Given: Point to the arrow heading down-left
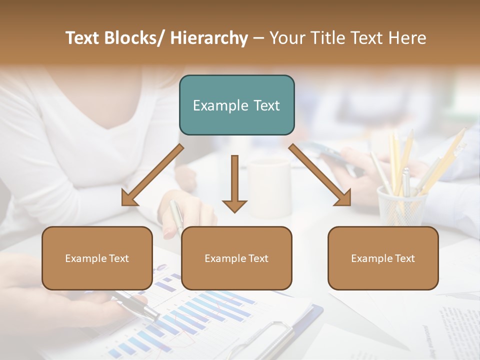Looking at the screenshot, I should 152,175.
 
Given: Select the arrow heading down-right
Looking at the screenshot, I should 320,175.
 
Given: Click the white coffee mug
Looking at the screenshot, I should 270,187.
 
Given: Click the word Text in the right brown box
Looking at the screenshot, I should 405,258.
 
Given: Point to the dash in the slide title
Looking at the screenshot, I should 258,38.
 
